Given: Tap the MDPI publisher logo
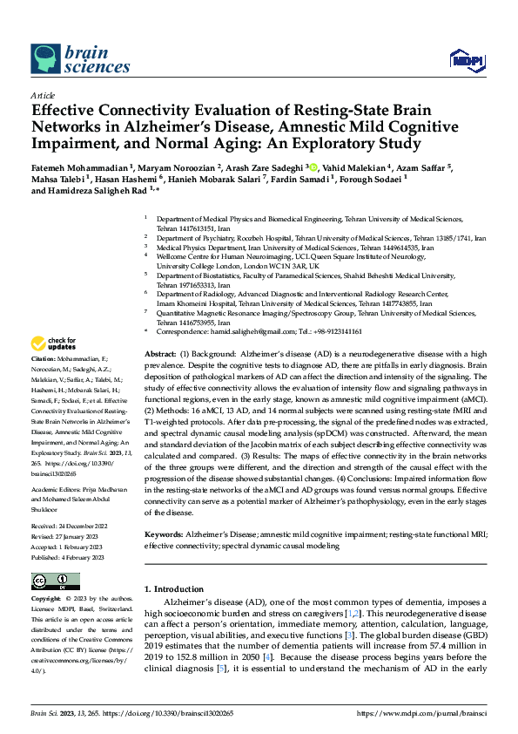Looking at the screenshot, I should click(x=466, y=59).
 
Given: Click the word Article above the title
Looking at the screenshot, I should click(x=43, y=95).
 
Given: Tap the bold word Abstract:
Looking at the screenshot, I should click(x=159, y=353).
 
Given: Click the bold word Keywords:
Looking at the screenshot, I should click(x=164, y=533).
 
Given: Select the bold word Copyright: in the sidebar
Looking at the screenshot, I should click(x=46, y=600).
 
